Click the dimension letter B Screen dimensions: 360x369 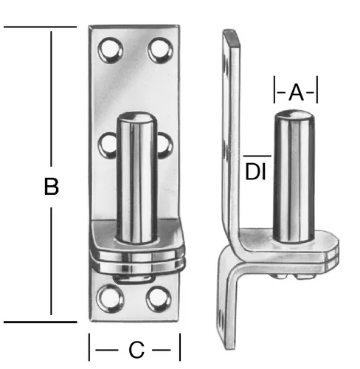52,187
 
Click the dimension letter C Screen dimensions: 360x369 136,350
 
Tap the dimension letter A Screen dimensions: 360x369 296,92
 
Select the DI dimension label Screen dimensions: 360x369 255,172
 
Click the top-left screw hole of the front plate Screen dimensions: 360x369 110,50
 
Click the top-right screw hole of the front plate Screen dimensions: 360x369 160,50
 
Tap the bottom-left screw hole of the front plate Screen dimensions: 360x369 110,299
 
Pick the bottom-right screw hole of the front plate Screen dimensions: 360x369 159,299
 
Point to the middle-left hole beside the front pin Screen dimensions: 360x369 107,145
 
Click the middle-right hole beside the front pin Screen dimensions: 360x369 165,145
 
